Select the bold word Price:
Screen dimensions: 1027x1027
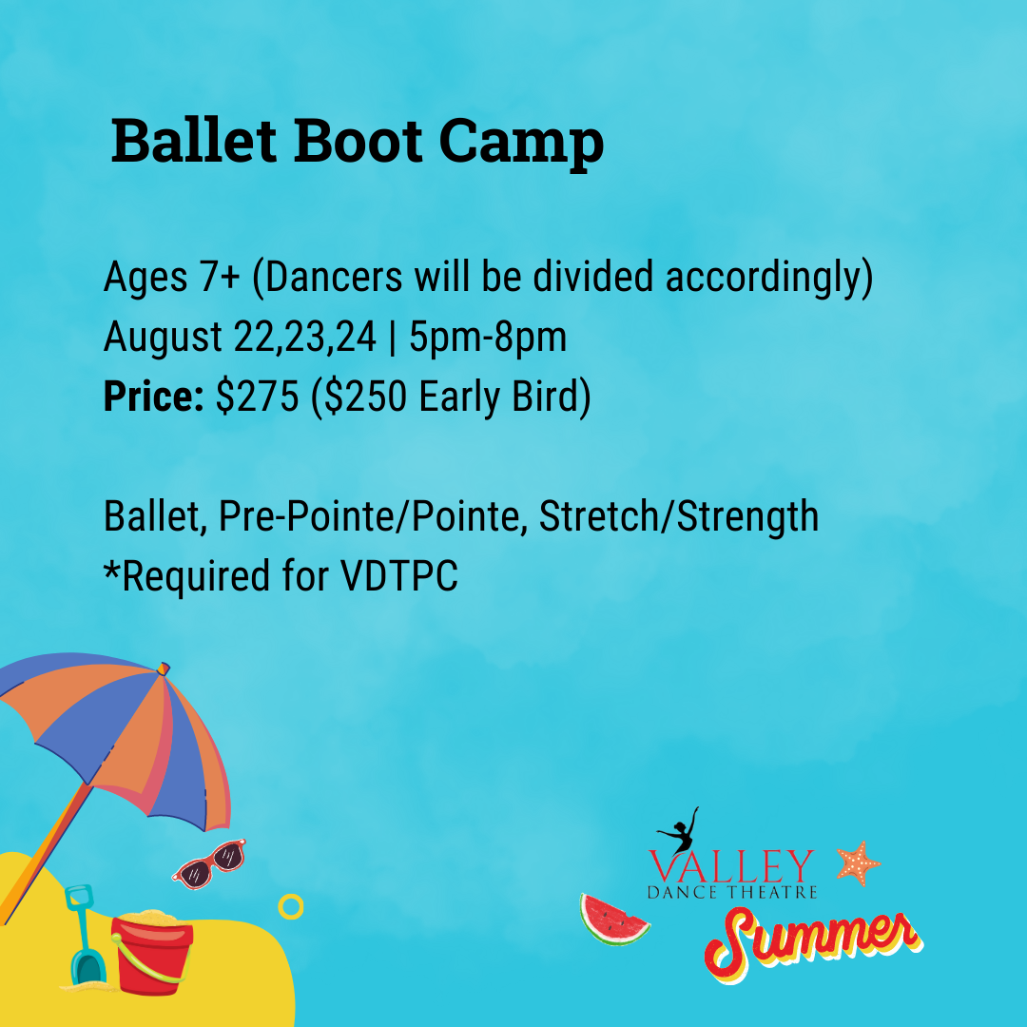154,396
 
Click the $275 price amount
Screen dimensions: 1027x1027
258,397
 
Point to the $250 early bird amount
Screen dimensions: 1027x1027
365,397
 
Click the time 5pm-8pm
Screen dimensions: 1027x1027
488,338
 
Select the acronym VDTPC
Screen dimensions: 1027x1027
398,576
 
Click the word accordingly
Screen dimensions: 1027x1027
769,278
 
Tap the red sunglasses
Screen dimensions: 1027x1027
209,863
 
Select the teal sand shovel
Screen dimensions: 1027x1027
86,936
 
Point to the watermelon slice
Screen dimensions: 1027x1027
612,920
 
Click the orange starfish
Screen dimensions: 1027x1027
858,863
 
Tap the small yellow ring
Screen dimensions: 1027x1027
291,906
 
